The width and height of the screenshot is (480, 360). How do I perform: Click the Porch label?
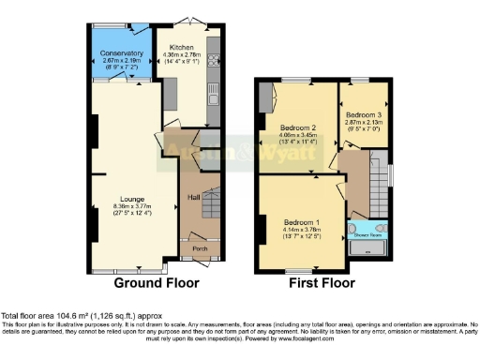tap(200, 248)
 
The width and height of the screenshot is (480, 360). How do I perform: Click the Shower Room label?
tap(367, 236)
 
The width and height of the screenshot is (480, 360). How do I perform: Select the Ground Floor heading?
tap(154, 281)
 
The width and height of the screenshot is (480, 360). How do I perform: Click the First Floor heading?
tap(322, 281)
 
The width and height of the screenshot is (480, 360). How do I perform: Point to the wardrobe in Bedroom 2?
tap(267, 99)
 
